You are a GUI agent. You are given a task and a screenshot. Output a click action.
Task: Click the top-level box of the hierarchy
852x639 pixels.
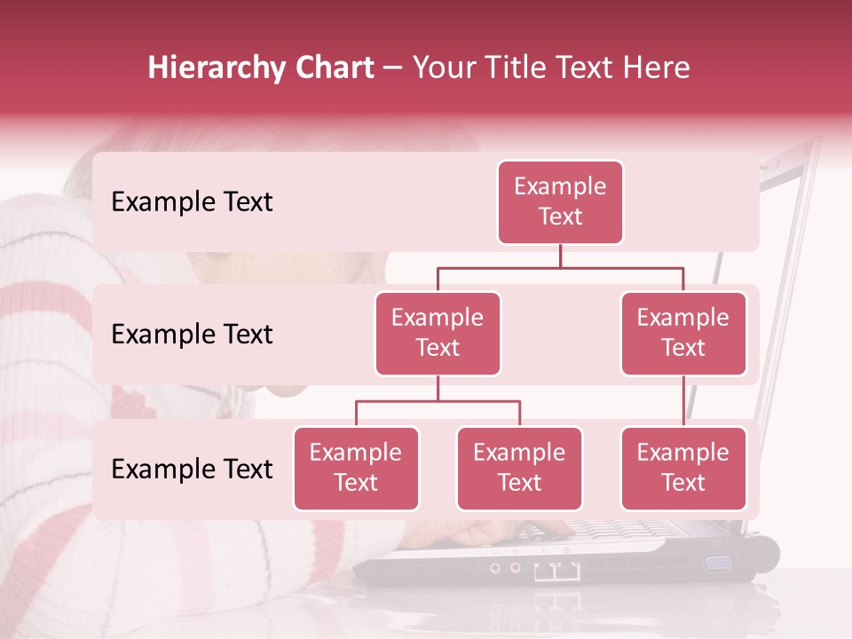(x=560, y=202)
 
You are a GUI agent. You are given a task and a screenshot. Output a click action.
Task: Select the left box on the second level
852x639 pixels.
(x=438, y=334)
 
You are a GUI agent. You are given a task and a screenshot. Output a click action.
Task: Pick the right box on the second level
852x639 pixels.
(x=683, y=334)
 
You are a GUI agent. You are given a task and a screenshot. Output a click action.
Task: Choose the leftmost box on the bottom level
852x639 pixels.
(x=356, y=469)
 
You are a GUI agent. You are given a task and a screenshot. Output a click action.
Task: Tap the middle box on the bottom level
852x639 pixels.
(x=519, y=469)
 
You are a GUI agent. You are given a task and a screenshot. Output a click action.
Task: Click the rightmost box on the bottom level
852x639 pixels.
(x=683, y=469)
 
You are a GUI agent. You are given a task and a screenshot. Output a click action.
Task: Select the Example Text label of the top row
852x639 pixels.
(x=192, y=202)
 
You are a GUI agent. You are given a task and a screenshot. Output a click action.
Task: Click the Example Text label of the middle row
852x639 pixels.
(x=192, y=335)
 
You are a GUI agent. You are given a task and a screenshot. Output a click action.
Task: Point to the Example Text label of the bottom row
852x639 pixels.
(x=192, y=469)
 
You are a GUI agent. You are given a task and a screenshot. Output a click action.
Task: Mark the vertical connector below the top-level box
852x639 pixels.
(x=560, y=256)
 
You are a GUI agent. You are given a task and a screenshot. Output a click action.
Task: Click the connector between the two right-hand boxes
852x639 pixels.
(x=683, y=401)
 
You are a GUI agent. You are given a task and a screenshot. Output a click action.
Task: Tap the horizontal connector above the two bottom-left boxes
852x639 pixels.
(x=438, y=401)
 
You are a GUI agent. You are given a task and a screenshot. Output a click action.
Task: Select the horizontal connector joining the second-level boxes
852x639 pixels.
(x=560, y=267)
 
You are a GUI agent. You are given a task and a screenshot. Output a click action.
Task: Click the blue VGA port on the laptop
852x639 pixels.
(x=718, y=563)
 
